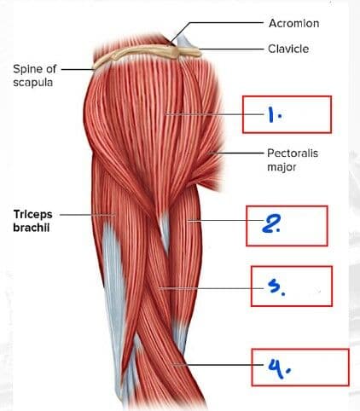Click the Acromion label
point(293,23)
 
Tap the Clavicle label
point(288,49)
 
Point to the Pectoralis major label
point(293,159)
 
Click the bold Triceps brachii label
point(32,221)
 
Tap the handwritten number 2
point(271,224)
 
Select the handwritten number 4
point(279,368)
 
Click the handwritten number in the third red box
point(276,287)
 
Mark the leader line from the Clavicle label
point(231,49)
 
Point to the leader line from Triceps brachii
point(88,215)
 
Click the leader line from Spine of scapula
point(78,69)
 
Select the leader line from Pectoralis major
point(235,153)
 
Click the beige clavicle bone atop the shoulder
point(148,54)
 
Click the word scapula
point(33,83)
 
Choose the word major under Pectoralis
point(282,167)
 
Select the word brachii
point(32,228)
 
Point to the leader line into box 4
point(218,365)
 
